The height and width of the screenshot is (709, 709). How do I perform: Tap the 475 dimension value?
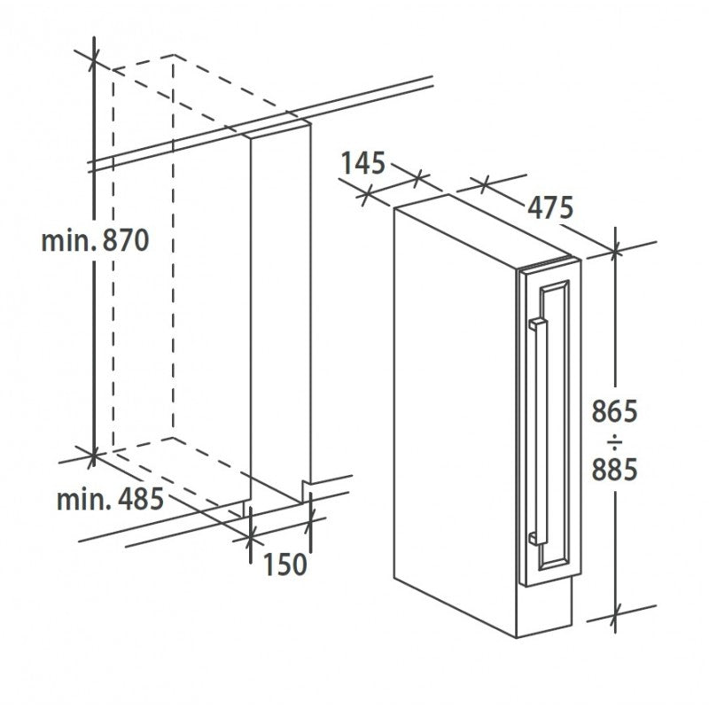click(550, 206)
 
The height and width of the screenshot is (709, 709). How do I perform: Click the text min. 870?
click(94, 240)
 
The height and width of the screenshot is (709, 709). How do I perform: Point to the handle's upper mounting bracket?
click(534, 324)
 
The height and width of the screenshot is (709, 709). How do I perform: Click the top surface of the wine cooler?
click(479, 230)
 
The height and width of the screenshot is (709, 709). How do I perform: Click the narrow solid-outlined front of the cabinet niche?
click(281, 310)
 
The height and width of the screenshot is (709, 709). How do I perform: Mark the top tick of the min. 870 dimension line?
click(94, 54)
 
